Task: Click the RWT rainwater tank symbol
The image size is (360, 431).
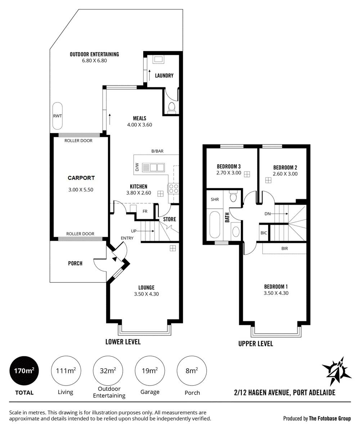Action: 57,116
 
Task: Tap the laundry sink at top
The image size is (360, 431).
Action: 158,60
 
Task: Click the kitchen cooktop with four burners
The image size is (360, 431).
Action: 173,189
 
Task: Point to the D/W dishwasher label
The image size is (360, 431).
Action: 137,167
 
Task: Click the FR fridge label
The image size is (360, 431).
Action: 145,212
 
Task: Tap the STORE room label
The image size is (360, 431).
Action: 170,219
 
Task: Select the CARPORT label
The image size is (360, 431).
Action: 81,178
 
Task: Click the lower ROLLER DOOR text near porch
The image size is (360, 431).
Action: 80,234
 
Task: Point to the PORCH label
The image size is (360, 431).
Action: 75,263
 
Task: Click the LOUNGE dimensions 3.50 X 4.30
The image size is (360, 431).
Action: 147,294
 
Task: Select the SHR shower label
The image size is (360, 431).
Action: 215,199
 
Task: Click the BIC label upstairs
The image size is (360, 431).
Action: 264,233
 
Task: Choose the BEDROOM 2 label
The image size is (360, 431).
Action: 285,168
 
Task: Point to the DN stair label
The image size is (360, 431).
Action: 267,214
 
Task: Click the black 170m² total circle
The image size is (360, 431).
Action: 24,371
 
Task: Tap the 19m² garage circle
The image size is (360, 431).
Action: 150,371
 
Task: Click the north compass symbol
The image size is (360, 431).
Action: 337,371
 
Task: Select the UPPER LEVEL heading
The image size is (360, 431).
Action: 256,343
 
